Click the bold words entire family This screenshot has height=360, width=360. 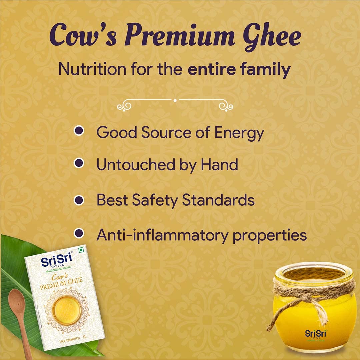[239, 70]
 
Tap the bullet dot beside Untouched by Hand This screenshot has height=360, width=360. [79, 163]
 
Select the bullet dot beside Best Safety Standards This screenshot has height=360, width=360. [79, 200]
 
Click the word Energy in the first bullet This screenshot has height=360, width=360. [239, 133]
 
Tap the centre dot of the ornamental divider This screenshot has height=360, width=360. [175, 100]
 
